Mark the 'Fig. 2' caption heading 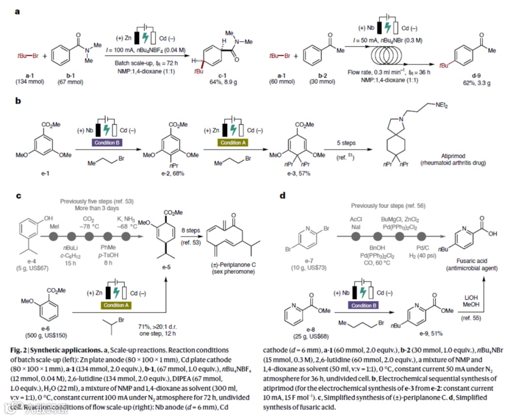(24, 350)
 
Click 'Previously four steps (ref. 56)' (388, 205)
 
